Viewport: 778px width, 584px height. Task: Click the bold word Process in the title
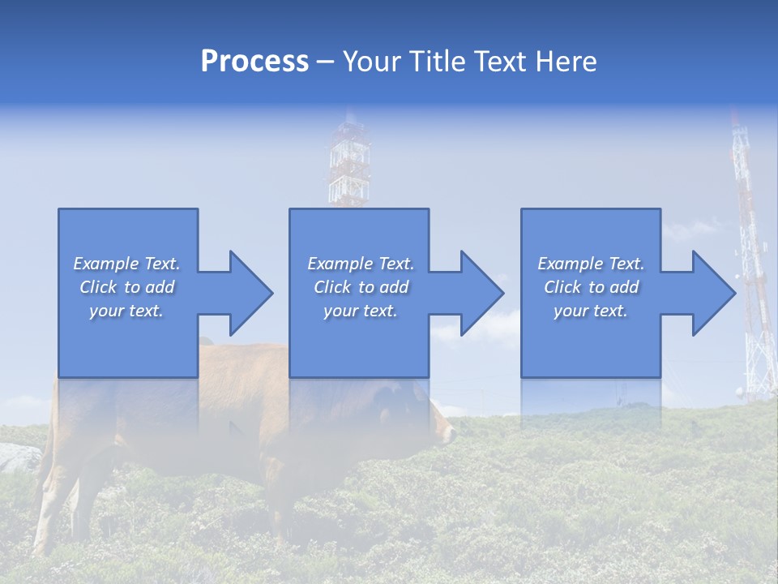pyautogui.click(x=254, y=62)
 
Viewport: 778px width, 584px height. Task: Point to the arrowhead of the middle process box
pyautogui.click(x=481, y=293)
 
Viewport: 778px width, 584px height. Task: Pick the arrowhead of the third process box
pyautogui.click(x=712, y=293)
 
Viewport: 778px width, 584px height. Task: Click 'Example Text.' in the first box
pyautogui.click(x=126, y=264)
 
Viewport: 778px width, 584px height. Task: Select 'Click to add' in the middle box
pyautogui.click(x=361, y=287)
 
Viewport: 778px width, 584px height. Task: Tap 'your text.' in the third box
pyautogui.click(x=590, y=311)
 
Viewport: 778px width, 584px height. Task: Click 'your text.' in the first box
pyautogui.click(x=126, y=311)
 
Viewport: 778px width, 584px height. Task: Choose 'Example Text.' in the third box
pyautogui.click(x=590, y=264)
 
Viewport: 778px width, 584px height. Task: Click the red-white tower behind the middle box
pyautogui.click(x=348, y=162)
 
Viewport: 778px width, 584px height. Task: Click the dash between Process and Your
pyautogui.click(x=325, y=62)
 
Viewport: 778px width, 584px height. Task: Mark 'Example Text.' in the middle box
pyautogui.click(x=361, y=264)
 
